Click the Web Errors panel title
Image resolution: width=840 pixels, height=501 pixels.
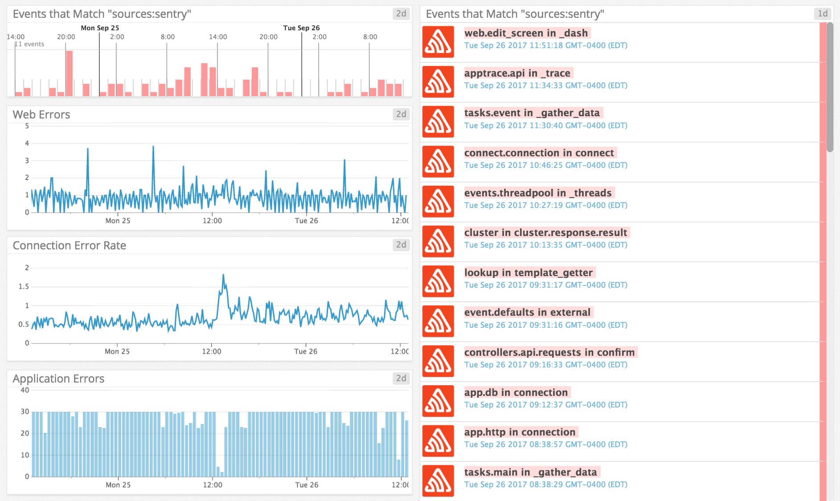point(41,114)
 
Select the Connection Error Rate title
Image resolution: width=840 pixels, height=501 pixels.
point(69,245)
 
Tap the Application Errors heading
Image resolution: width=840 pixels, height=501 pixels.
point(58,379)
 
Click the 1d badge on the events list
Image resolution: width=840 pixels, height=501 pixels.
point(823,14)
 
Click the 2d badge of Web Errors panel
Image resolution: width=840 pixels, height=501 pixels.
point(401,114)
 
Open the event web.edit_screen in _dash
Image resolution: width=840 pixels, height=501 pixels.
point(526,33)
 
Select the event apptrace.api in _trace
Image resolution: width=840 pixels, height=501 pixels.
point(517,73)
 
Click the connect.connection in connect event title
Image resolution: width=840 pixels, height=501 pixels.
point(539,153)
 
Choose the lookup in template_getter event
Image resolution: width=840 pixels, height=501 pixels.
point(528,273)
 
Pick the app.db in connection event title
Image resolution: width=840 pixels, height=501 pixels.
point(516,392)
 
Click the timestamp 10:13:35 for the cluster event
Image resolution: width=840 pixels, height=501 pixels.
point(545,245)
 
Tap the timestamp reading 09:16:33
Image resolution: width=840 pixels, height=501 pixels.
point(545,365)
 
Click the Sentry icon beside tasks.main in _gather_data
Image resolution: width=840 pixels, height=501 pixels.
point(438,481)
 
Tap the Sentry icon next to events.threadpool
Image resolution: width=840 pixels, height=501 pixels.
point(438,201)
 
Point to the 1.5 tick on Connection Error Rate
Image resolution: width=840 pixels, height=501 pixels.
point(24,286)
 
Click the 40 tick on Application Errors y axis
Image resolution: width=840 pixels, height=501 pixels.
point(25,390)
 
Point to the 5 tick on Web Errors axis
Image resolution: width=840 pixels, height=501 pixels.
point(27,126)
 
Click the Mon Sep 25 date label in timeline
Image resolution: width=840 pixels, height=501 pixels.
point(100,28)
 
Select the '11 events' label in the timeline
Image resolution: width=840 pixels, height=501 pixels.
point(29,44)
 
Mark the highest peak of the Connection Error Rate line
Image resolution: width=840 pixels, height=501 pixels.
point(223,275)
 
